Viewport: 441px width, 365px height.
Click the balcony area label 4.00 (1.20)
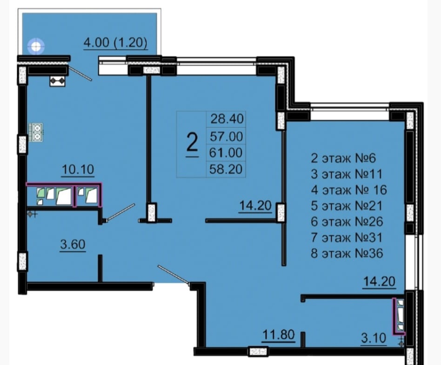tap(115, 43)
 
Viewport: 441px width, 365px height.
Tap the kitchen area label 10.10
tap(78, 170)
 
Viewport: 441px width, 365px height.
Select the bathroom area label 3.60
tap(73, 244)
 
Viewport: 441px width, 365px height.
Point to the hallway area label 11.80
tap(279, 335)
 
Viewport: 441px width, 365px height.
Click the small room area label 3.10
tap(374, 337)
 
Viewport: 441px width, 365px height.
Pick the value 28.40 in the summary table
tap(227, 119)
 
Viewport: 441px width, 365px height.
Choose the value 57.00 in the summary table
tap(227, 137)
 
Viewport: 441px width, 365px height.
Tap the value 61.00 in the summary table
tap(226, 153)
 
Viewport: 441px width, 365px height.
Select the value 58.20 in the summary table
tap(226, 169)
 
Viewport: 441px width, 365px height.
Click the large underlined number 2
tap(193, 144)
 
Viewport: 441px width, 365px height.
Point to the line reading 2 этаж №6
tap(343, 158)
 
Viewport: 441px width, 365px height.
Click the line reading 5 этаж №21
tap(347, 206)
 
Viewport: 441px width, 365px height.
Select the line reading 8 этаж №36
tap(347, 254)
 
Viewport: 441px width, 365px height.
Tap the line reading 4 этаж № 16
tap(349, 190)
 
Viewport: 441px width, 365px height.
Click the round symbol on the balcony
tap(36, 46)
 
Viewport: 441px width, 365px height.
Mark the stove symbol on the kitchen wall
tap(36, 132)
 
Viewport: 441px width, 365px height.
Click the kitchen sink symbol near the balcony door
tap(57, 81)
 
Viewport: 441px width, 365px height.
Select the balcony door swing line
tap(80, 74)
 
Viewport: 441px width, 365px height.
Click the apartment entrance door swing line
tap(174, 274)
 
